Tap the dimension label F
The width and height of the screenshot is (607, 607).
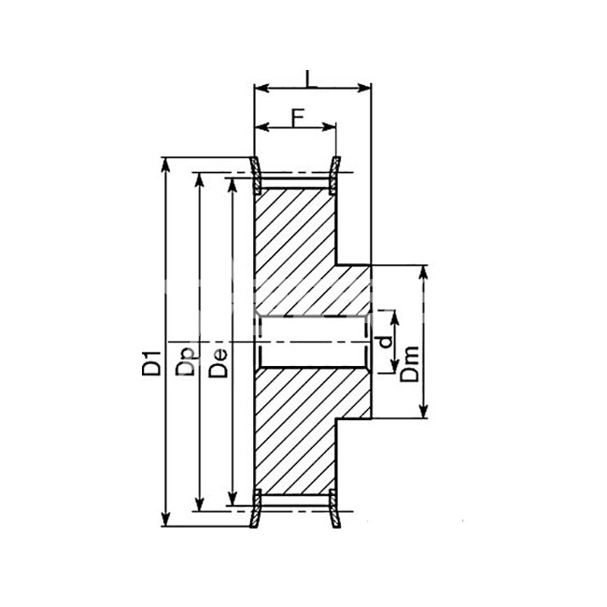(297, 118)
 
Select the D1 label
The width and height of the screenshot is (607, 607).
(151, 362)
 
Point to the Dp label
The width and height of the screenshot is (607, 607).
(186, 362)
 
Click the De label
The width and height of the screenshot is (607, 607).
(218, 363)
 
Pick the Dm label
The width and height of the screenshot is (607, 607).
(410, 364)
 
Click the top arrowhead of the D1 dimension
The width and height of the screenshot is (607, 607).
(165, 164)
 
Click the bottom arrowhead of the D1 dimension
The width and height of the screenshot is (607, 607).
(165, 518)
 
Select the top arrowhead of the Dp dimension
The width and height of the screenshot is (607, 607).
(199, 179)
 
